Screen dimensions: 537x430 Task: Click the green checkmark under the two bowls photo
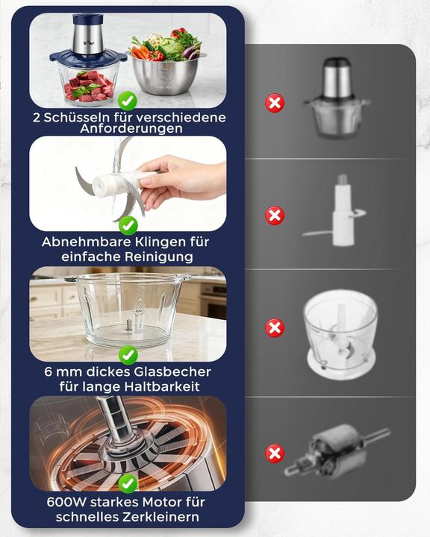tap(128, 99)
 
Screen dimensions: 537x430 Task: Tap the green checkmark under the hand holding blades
tap(128, 224)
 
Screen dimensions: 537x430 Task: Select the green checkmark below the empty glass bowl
tap(128, 354)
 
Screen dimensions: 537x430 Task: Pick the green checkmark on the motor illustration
tap(128, 483)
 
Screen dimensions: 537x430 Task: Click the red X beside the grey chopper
tap(275, 103)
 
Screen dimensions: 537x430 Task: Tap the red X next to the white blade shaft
tap(275, 216)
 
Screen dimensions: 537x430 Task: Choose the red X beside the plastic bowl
tap(275, 328)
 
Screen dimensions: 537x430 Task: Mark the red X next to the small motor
tap(275, 453)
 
